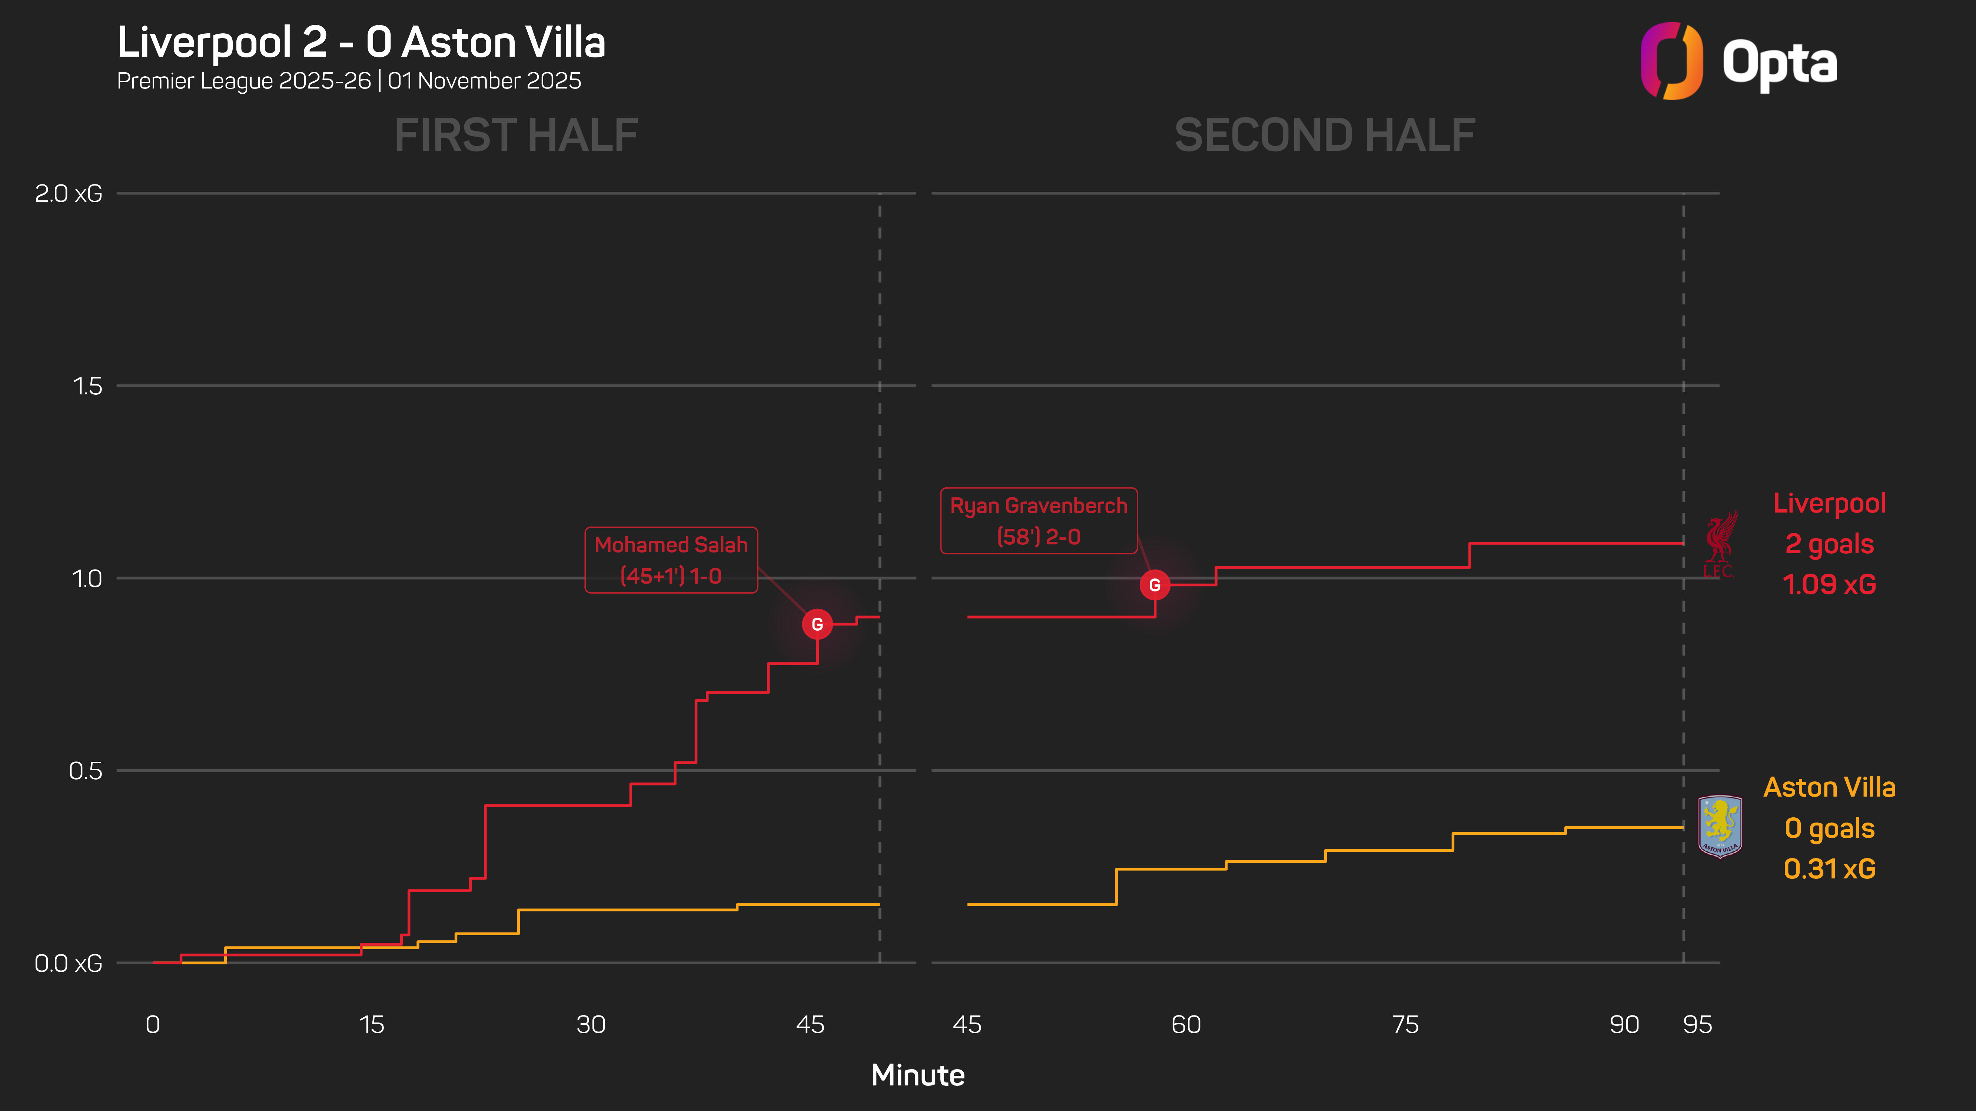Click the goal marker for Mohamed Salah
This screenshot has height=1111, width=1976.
(x=817, y=624)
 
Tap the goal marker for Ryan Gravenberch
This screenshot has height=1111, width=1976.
(x=1155, y=585)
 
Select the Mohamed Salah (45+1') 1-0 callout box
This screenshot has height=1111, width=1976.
(x=671, y=560)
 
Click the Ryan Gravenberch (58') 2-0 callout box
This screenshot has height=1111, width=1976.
(x=1039, y=521)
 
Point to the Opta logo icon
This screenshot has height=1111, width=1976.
(x=1671, y=61)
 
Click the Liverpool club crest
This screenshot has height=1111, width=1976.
(x=1719, y=544)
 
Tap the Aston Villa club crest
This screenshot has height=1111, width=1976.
(x=1720, y=827)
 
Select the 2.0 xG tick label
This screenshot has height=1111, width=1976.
(x=68, y=193)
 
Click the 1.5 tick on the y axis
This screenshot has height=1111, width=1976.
(x=87, y=386)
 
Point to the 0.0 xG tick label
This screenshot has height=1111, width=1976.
(x=68, y=963)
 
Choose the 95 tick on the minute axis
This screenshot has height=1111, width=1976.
(x=1697, y=1024)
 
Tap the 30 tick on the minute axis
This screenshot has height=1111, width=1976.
(x=591, y=1024)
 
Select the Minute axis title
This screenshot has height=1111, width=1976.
(x=917, y=1075)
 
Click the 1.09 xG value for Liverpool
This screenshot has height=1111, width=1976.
(x=1830, y=584)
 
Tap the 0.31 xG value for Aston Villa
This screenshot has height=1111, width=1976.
(x=1830, y=869)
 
